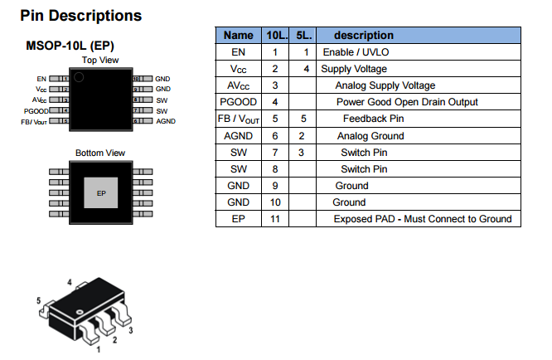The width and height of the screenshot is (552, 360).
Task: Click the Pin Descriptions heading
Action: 80,15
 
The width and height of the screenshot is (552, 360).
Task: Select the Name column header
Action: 239,36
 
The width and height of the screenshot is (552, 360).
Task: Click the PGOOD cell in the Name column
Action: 239,102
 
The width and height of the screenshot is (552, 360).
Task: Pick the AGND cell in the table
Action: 239,135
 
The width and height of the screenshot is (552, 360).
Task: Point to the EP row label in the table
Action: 239,219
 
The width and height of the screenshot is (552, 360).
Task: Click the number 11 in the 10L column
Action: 274,219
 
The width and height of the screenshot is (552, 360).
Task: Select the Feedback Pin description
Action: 373,119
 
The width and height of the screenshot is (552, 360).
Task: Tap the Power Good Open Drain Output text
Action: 407,102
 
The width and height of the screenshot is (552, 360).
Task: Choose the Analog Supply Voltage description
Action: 385,85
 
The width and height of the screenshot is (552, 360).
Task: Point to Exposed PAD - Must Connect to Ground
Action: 423,219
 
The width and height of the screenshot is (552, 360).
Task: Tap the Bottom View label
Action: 100,153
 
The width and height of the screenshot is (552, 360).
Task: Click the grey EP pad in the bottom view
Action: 101,193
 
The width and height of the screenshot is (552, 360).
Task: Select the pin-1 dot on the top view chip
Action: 80,78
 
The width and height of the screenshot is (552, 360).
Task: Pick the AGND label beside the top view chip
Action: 166,121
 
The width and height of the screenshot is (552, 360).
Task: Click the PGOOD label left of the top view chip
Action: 36,110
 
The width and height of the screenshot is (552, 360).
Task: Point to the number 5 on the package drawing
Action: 39,300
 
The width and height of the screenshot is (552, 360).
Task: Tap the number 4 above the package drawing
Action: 70,282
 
